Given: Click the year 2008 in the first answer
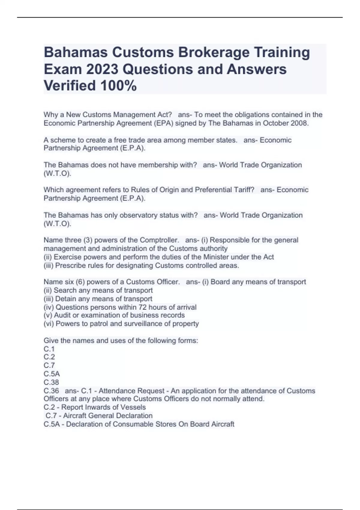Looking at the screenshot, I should [x=299, y=123].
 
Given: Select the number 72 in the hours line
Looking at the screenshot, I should [x=142, y=307].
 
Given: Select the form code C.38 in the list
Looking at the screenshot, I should [x=51, y=382].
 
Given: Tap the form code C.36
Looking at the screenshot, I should [x=51, y=391].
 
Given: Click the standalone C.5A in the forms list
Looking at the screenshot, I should [x=52, y=374].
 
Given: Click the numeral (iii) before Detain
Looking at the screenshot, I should [x=48, y=299].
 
